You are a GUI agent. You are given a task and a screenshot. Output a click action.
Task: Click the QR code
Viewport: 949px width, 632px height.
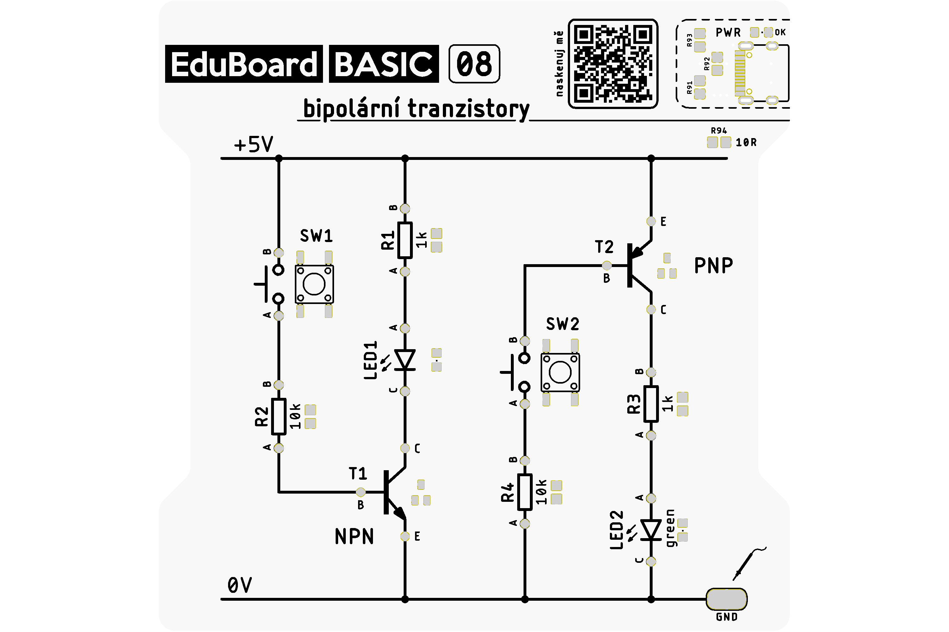pos(613,64)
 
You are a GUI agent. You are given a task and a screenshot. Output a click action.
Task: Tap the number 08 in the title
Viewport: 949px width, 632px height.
pos(474,64)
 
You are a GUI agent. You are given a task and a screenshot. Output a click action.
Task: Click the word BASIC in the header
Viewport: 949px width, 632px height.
pos(384,64)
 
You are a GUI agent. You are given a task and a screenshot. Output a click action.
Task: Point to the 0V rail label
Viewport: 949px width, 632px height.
pos(240,585)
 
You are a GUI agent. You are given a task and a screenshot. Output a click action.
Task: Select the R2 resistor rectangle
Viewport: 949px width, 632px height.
pos(278,416)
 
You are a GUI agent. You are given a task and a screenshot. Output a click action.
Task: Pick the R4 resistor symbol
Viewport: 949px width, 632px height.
pos(524,492)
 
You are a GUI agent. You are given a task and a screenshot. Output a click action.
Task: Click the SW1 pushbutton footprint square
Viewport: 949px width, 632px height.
pos(314,284)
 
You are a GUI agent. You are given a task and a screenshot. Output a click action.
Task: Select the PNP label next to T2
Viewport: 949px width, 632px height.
pos(713,266)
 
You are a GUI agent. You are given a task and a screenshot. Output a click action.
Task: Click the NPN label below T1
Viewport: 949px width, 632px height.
pos(354,537)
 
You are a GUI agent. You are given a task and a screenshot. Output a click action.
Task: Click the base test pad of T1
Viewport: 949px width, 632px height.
pos(360,492)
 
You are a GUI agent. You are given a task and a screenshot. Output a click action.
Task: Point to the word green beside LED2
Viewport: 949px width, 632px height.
pos(670,528)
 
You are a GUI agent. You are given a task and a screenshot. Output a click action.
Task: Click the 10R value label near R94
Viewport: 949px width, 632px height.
pos(746,142)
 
